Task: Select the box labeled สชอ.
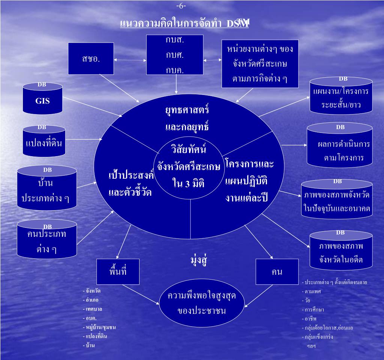tap(91, 58)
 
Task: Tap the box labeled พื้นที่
tap(118, 271)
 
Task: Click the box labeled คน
tap(277, 271)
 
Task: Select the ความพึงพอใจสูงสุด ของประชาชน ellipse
tap(202, 303)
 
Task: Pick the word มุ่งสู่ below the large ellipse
tap(199, 261)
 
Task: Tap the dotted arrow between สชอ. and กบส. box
tap(130, 60)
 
